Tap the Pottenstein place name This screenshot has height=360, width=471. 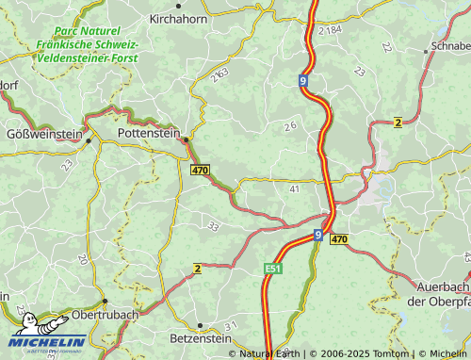pos(150,135)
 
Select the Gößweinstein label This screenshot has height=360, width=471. pos(44,135)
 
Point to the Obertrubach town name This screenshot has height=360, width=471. pos(106,314)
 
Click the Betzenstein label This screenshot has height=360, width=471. pos(201,336)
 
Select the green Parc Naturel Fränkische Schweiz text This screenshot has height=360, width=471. pos(88,44)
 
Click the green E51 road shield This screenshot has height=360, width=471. pos(272,270)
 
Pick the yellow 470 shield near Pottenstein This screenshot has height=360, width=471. pos(199,171)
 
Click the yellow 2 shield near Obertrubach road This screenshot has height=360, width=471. pos(197,269)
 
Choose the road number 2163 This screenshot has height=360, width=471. pos(220,73)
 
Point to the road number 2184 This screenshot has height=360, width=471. pos(331,31)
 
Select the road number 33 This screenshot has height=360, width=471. pos(213,226)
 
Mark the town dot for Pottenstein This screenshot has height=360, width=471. pos(186,139)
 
